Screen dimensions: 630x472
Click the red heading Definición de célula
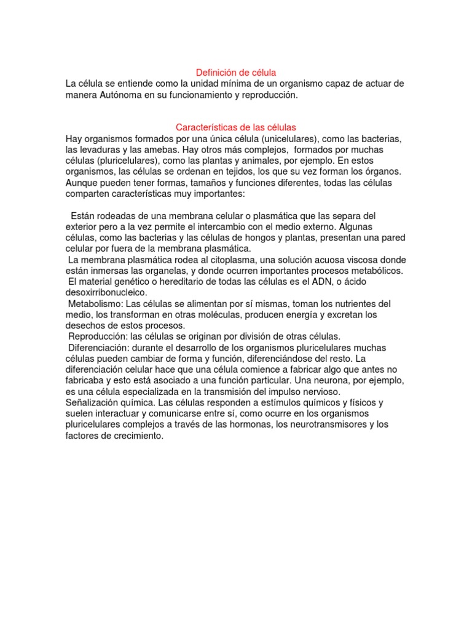(236, 73)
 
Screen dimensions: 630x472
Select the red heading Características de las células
(236, 127)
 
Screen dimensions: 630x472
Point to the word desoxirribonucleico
(106, 292)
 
